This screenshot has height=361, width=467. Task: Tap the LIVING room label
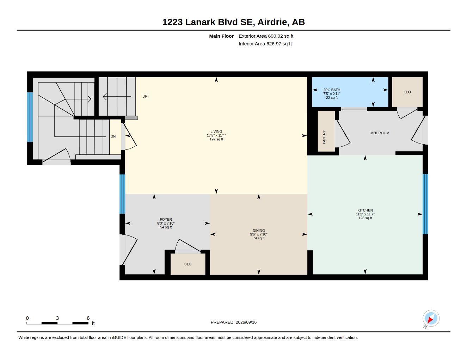[x=216, y=131]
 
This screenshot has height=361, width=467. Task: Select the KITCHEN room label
[x=365, y=210]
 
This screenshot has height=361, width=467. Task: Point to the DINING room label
[x=259, y=230]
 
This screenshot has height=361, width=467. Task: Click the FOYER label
[x=166, y=219]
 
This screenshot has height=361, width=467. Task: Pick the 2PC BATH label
[x=332, y=90]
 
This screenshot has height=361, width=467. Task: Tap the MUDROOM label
[x=380, y=133]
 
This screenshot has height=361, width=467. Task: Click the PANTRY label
[x=324, y=137]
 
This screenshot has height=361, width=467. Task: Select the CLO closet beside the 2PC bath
[x=407, y=92]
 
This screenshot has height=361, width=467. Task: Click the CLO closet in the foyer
[x=188, y=264]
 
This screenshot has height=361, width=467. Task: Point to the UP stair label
[x=145, y=96]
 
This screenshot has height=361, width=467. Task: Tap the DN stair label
[x=113, y=136]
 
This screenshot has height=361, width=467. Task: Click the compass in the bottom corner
[x=431, y=318]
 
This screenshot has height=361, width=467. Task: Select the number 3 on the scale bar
[x=57, y=318]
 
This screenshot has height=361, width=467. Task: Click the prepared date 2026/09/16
[x=246, y=322]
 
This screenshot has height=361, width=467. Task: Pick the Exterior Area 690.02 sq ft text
[x=266, y=36]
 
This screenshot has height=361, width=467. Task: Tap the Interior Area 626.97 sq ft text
[x=265, y=44]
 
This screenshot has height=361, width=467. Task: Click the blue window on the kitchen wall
[x=425, y=204]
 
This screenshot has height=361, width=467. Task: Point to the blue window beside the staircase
[x=30, y=117]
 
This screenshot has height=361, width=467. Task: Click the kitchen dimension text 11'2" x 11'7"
[x=365, y=214]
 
